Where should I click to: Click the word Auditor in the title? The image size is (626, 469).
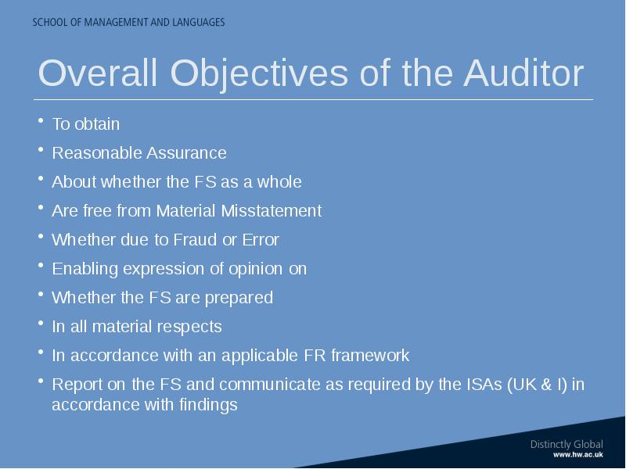tap(523, 73)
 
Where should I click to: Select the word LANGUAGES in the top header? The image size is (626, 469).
tap(199, 22)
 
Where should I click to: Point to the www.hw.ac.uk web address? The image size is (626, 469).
tap(578, 455)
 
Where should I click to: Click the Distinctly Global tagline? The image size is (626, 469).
tap(567, 444)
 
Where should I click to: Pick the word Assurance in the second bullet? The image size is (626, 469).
tap(186, 153)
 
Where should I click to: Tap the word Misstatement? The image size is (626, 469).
tap(272, 210)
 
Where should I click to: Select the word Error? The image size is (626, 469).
tap(261, 240)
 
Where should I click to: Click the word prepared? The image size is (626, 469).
tap(239, 298)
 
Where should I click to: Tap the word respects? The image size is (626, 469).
tap(189, 327)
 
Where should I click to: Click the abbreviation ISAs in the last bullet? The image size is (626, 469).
tap(484, 385)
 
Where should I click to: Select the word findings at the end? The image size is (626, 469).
tap(208, 405)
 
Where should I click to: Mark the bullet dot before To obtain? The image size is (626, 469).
tap(41, 120)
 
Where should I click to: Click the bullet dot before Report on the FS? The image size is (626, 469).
tap(41, 381)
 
